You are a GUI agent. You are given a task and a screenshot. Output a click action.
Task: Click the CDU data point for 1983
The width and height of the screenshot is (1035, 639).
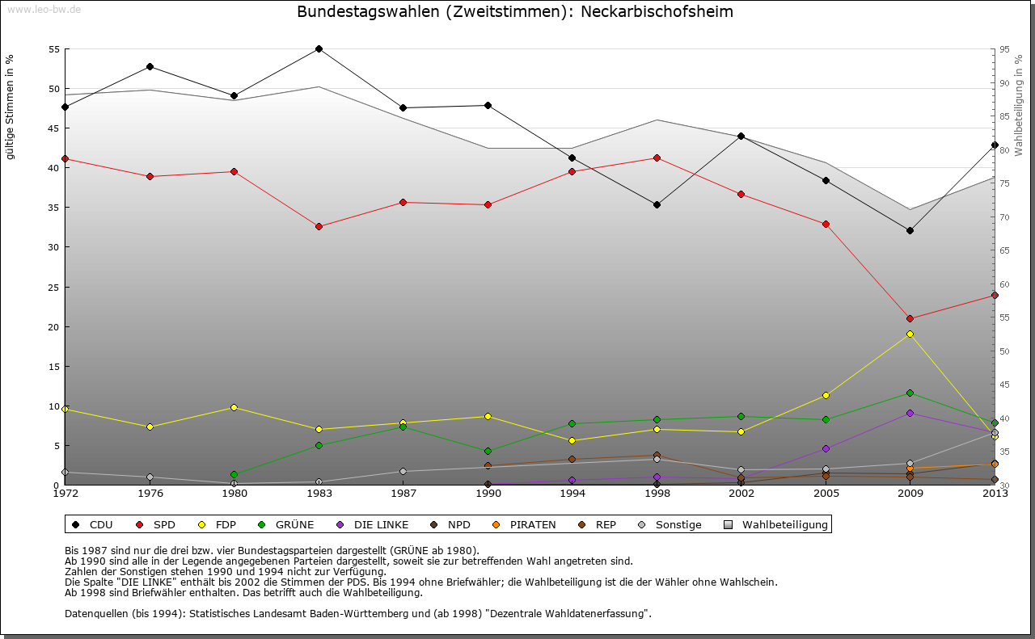(x=319, y=48)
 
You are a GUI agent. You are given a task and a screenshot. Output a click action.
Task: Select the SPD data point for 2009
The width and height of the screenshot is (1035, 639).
(x=910, y=318)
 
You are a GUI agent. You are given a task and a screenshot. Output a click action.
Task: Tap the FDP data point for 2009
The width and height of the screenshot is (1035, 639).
(x=910, y=334)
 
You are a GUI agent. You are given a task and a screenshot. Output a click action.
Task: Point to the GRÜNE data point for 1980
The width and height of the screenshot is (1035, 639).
(x=234, y=474)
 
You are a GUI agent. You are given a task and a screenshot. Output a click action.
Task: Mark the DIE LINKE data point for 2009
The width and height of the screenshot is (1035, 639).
(x=910, y=413)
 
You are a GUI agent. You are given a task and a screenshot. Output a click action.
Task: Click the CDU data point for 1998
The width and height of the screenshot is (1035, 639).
(x=657, y=204)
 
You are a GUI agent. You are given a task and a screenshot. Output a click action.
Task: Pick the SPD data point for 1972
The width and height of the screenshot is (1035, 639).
(x=65, y=158)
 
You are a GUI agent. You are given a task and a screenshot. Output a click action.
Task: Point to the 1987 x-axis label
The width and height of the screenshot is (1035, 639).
(x=403, y=493)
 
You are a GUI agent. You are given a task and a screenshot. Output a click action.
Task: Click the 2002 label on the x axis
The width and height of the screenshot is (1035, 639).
(x=741, y=493)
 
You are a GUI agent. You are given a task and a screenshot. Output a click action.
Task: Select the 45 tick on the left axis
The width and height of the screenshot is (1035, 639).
(x=54, y=128)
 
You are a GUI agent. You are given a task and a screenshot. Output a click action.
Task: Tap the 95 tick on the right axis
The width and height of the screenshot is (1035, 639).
(x=1005, y=49)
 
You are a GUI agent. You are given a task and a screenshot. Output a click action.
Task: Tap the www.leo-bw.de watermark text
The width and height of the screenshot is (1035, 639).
(x=44, y=9)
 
